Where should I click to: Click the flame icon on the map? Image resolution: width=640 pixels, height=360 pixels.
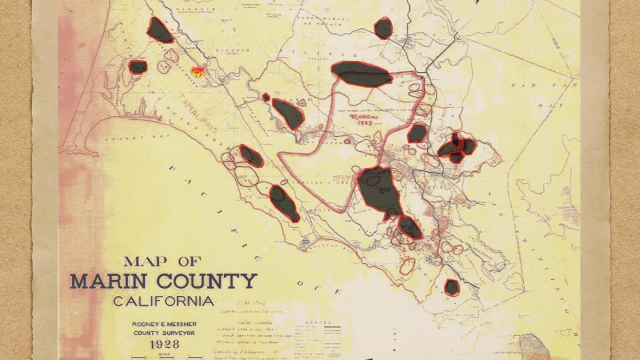point(198,72)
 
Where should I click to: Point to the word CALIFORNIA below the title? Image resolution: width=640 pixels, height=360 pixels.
point(163,301)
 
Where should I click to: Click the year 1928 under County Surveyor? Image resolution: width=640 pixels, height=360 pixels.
point(164,344)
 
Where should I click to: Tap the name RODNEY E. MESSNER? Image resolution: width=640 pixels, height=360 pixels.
point(163,324)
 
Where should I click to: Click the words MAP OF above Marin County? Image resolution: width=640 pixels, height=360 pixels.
point(162,261)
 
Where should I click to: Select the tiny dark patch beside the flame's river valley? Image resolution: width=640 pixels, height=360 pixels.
point(266,97)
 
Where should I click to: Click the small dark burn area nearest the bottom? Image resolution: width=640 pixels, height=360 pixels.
point(451,287)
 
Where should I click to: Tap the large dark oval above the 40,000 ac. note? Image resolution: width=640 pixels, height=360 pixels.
point(361,74)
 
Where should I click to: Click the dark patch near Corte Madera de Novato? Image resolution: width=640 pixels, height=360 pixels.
point(383,28)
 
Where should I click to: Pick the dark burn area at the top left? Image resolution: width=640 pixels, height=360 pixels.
point(159,31)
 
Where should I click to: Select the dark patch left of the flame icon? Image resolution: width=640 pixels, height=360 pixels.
point(138,67)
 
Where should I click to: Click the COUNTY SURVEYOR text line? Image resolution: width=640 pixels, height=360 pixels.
point(163,333)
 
